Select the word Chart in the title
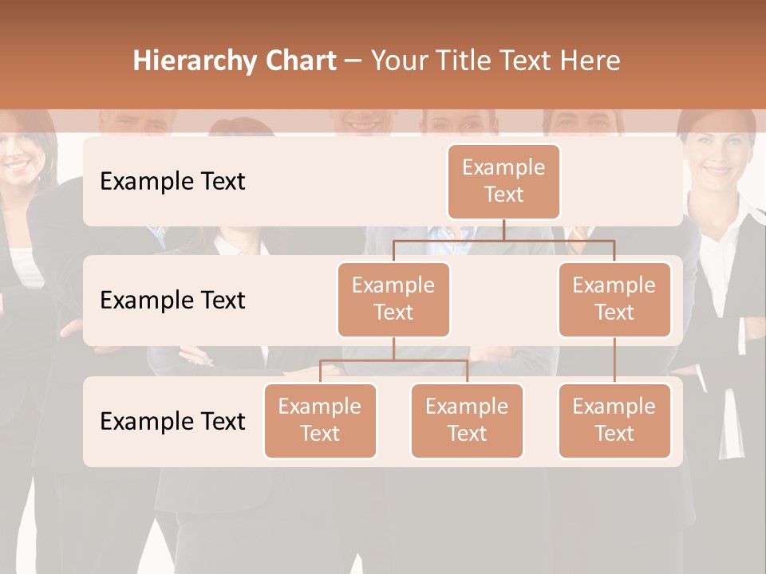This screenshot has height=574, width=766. pyautogui.click(x=301, y=61)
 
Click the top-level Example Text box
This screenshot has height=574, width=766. pyautogui.click(x=503, y=181)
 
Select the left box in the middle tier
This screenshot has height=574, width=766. pyautogui.click(x=393, y=299)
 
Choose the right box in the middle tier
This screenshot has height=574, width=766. pyautogui.click(x=614, y=299)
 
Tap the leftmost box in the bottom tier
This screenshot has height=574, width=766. pyautogui.click(x=320, y=420)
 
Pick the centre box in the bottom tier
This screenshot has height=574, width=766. pyautogui.click(x=467, y=420)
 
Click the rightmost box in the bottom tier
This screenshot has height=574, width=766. pyautogui.click(x=614, y=420)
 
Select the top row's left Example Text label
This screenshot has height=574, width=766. pyautogui.click(x=172, y=182)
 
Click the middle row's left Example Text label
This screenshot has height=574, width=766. pyautogui.click(x=172, y=301)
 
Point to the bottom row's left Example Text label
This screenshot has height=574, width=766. pyautogui.click(x=172, y=421)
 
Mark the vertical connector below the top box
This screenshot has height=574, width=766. pyautogui.click(x=503, y=230)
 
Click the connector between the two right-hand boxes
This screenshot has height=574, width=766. pyautogui.click(x=614, y=360)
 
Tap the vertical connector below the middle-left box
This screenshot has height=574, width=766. pyautogui.click(x=393, y=348)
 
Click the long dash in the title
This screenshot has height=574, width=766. pyautogui.click(x=353, y=61)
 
